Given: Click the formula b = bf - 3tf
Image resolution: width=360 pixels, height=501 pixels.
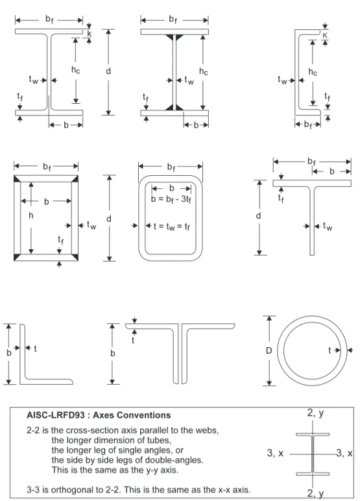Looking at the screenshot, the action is pyautogui.click(x=171, y=199).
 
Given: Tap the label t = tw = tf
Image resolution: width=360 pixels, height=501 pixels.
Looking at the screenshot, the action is pyautogui.click(x=172, y=226).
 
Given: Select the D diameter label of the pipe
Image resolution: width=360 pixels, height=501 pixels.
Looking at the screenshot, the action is pyautogui.click(x=269, y=351).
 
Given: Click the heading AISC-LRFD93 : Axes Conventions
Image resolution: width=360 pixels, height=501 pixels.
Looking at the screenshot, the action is pyautogui.click(x=99, y=415).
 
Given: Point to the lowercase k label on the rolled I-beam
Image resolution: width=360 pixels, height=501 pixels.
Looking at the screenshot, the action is pyautogui.click(x=89, y=33).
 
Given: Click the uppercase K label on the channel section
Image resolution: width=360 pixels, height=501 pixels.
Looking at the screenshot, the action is pyautogui.click(x=325, y=35).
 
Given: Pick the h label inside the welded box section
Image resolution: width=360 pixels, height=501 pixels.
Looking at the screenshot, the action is pyautogui.click(x=30, y=215).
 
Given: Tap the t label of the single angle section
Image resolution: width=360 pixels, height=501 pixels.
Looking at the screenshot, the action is pyautogui.click(x=35, y=348).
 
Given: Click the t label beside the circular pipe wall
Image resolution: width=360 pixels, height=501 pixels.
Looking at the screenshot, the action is pyautogui.click(x=330, y=350).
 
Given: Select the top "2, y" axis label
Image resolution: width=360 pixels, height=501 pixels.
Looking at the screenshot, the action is pyautogui.click(x=316, y=413).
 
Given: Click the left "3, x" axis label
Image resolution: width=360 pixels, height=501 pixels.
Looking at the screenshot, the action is pyautogui.click(x=275, y=453).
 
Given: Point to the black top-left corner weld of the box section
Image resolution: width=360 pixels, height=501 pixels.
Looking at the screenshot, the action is pyautogui.click(x=17, y=178).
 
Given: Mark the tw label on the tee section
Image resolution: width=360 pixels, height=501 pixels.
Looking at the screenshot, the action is pyautogui.click(x=328, y=226).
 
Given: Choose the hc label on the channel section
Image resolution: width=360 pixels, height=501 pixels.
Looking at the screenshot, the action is pyautogui.click(x=313, y=72).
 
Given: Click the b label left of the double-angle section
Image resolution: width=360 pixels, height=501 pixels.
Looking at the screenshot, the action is pyautogui.click(x=112, y=353).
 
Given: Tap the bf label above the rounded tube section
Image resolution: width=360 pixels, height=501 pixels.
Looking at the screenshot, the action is pyautogui.click(x=171, y=167).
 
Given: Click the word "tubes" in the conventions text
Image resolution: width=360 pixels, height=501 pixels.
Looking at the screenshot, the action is pyautogui.click(x=159, y=440).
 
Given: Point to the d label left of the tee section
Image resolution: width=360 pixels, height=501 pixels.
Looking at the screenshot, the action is pyautogui.click(x=258, y=215).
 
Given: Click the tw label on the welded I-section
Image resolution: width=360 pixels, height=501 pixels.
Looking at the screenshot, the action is pyautogui.click(x=189, y=80).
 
